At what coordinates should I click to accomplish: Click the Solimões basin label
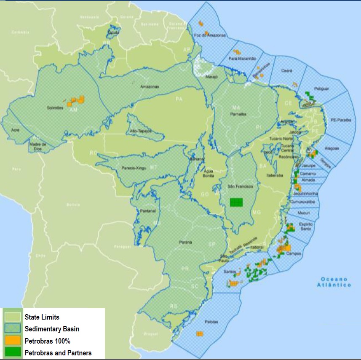point(55,108)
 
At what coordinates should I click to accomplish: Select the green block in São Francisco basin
point(236,202)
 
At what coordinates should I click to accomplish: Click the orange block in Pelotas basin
point(200,333)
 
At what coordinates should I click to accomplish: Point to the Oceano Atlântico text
point(334,282)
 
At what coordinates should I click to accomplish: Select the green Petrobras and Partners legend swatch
point(12,352)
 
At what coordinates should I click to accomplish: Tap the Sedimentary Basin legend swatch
point(12,329)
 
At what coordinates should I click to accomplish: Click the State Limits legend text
point(42,317)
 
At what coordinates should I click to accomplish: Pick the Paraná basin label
point(185,242)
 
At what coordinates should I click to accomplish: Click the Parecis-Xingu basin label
point(135,168)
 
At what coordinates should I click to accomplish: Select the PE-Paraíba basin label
point(340,120)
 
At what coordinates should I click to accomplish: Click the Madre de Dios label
point(37,146)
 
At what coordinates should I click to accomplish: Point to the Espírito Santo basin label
point(305,227)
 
